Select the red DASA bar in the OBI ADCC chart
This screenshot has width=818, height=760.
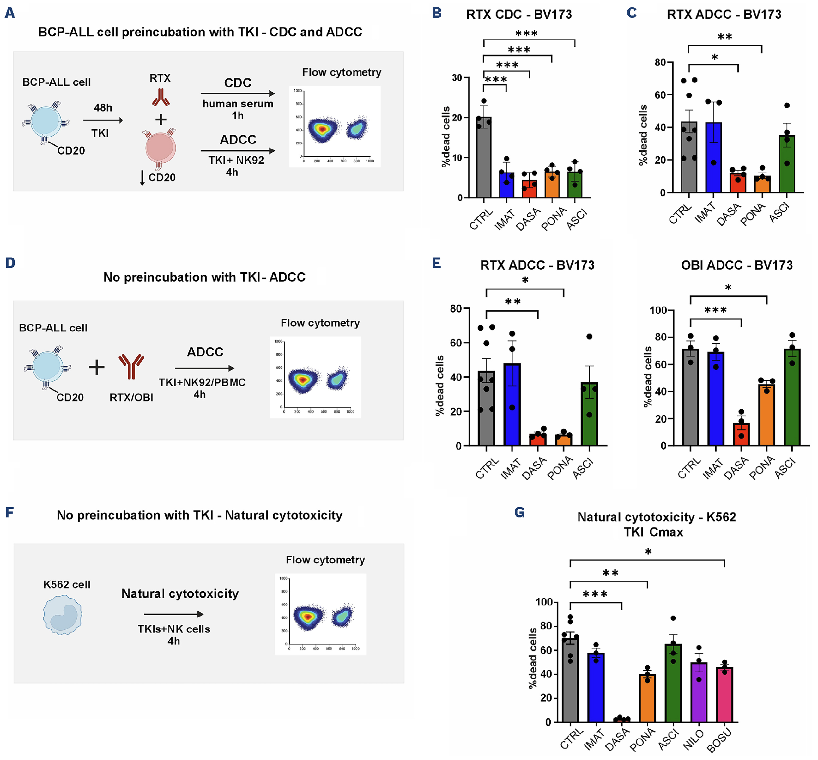pos(741,434)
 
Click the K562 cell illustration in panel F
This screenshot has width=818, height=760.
pos(63,615)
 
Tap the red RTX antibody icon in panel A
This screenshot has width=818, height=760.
pos(161,97)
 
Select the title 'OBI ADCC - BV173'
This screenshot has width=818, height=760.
pos(736,265)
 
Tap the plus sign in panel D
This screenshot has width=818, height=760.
pos(97,367)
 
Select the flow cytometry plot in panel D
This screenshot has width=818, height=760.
pos(315,377)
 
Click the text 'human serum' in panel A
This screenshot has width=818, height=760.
pos(238,104)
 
